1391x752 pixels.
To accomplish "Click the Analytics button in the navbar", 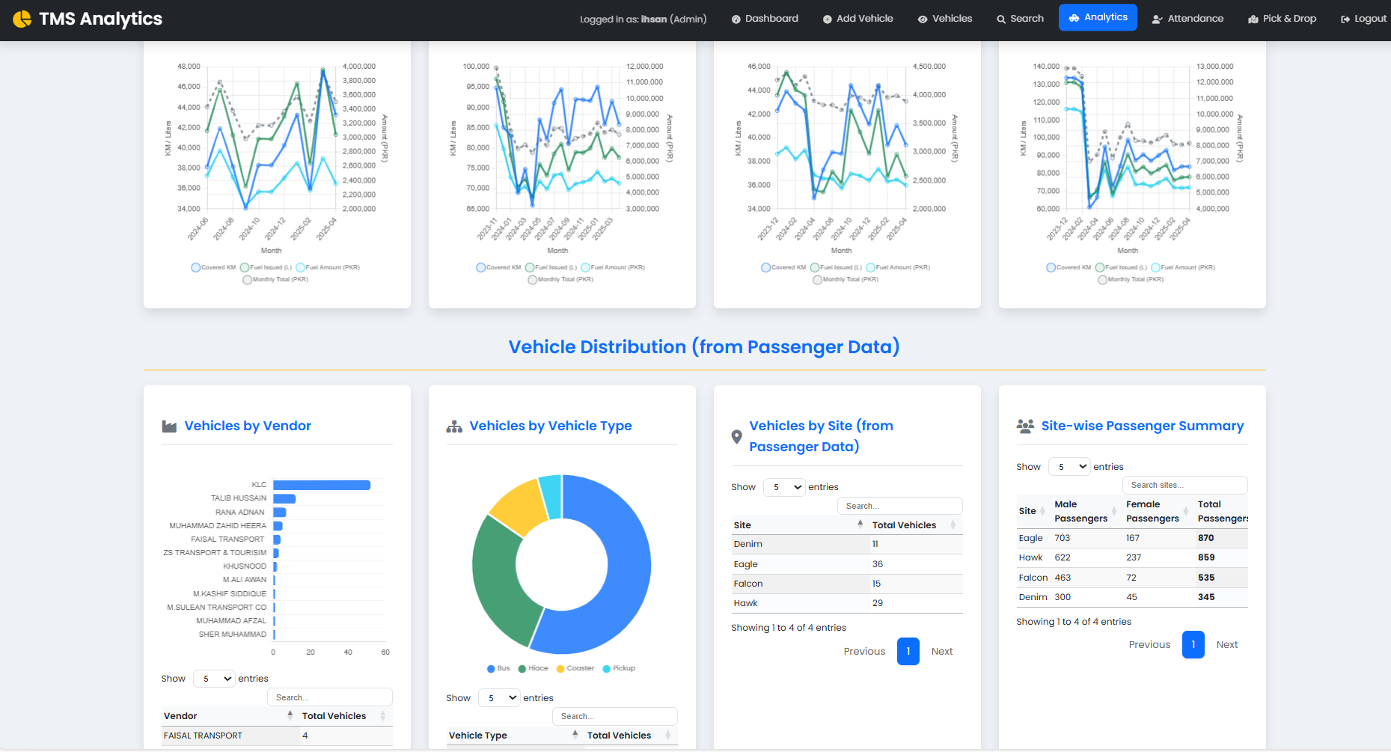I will point(1098,17).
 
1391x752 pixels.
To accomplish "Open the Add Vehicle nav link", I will point(857,19).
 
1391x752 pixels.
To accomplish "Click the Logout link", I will point(1363,19).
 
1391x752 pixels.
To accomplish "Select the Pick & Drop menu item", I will point(1282,19).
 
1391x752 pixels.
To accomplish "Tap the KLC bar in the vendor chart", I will point(322,485).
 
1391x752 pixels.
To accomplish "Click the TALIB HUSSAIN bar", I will point(284,498).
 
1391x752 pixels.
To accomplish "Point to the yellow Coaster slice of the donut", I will point(518,506).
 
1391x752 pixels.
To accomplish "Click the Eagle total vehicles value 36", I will point(878,564).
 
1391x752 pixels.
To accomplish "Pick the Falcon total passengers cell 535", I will point(1205,578).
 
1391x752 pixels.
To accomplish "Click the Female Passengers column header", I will point(1152,511).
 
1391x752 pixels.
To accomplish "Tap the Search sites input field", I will point(1184,485).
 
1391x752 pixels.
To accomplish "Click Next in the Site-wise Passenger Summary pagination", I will point(1226,644).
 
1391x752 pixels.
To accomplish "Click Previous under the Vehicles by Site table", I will point(864,651).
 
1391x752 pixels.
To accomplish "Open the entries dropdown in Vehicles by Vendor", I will point(214,679).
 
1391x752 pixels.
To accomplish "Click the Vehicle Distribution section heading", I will point(704,347).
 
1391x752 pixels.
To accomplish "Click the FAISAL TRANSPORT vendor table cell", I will point(204,736).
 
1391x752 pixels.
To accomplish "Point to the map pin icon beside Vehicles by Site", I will point(736,436).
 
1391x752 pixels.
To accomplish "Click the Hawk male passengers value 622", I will point(1063,557).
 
